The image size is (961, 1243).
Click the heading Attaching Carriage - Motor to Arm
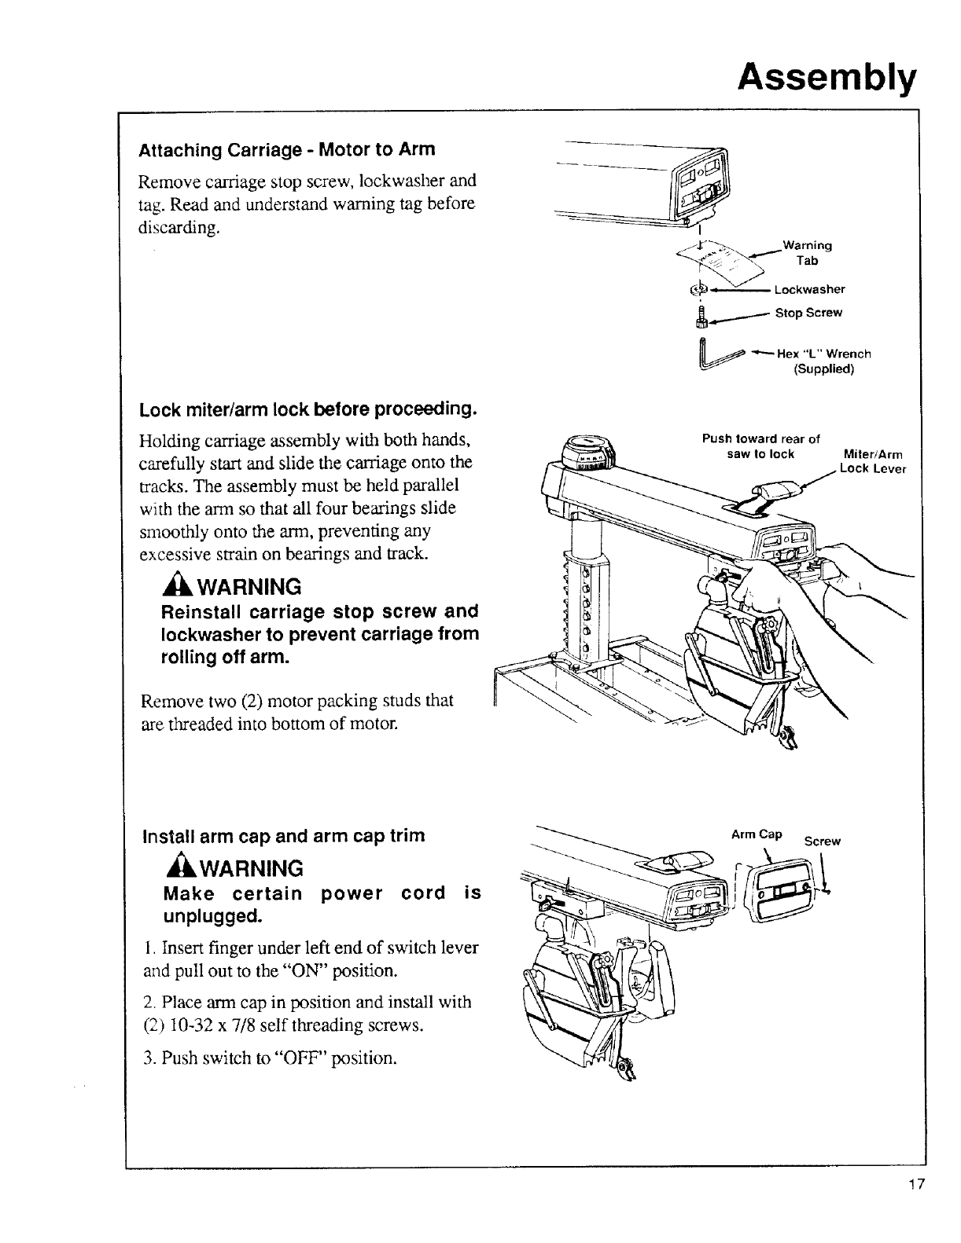287,149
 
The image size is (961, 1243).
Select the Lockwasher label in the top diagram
809,289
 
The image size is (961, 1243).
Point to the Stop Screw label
808,313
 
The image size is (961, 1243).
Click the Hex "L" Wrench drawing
716,353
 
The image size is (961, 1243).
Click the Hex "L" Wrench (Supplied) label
823,361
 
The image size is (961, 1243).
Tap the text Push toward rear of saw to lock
760,446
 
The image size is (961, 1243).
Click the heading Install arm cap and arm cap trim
283,835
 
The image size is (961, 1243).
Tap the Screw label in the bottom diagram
822,841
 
